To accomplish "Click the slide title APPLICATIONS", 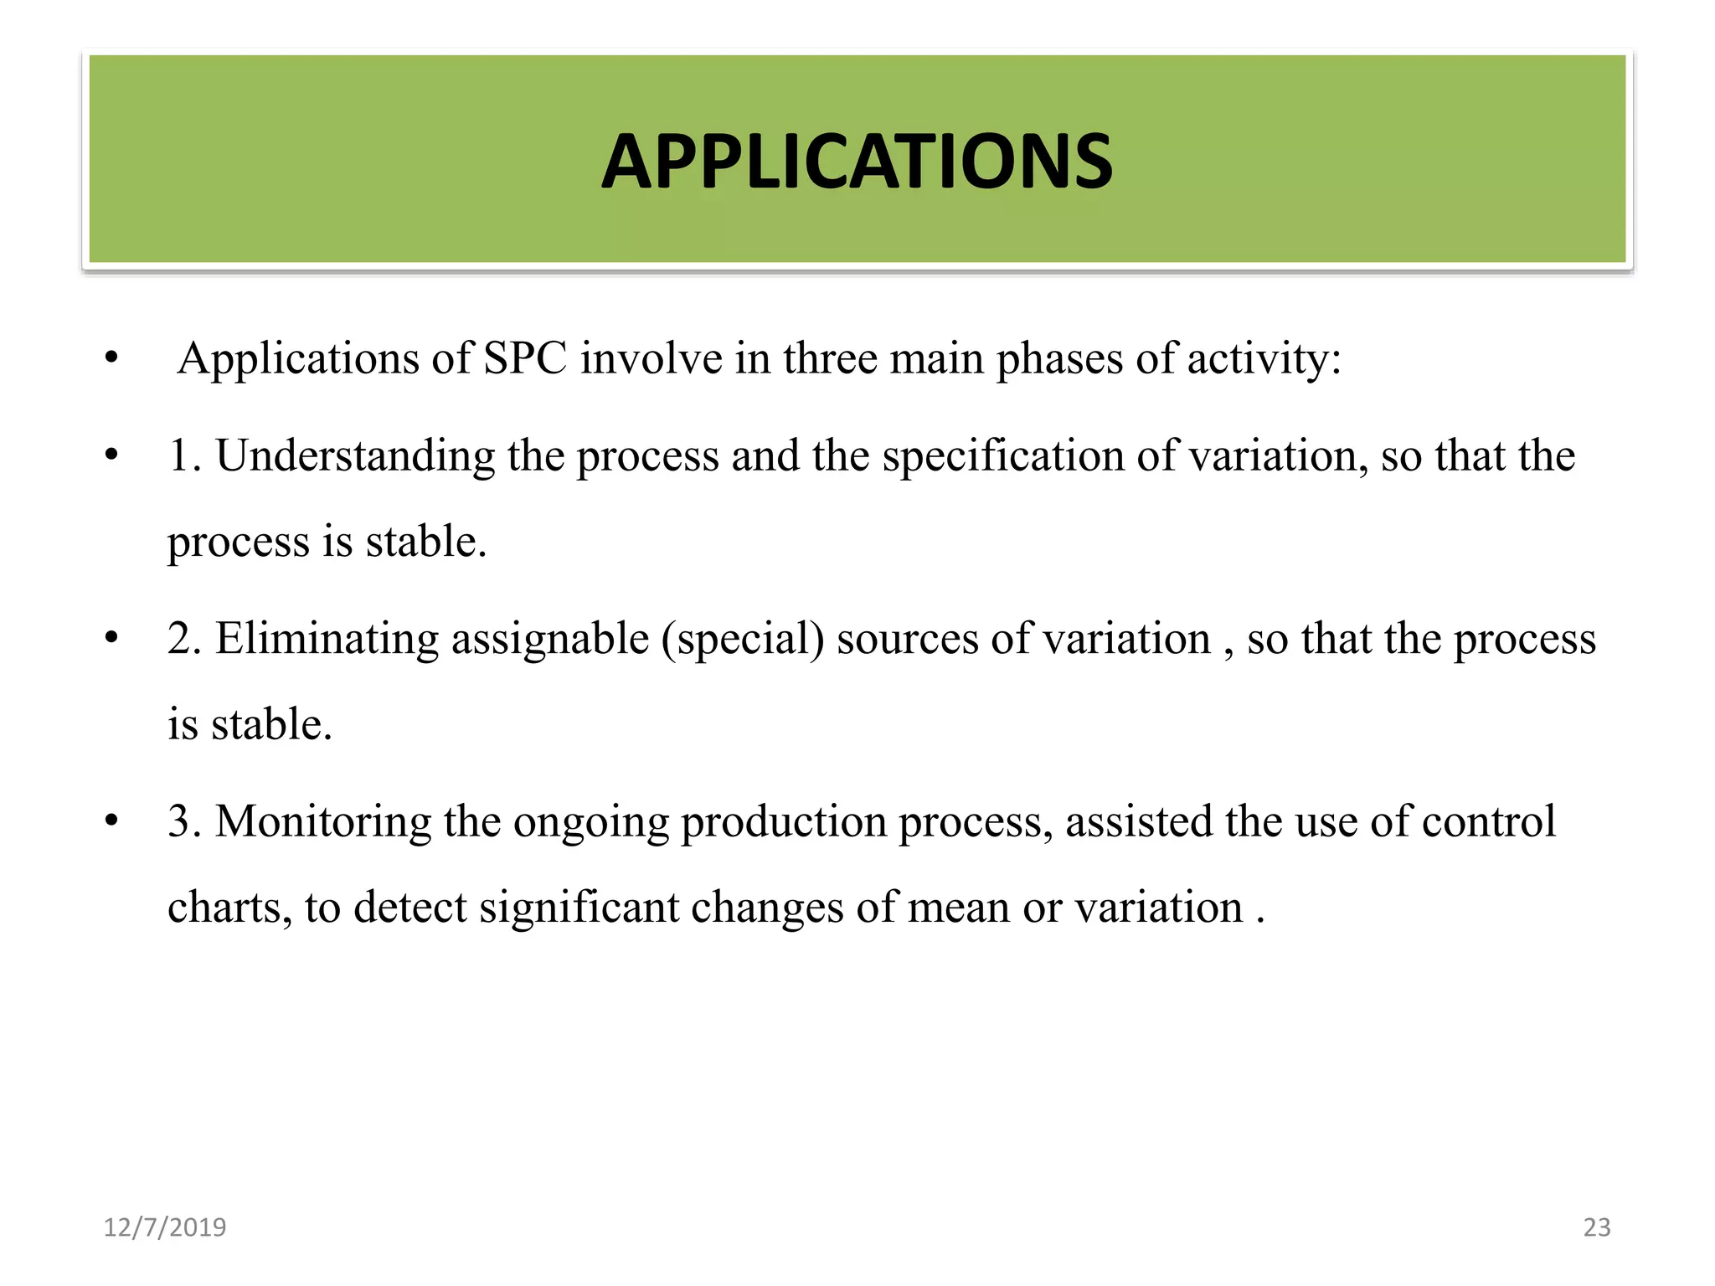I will pyautogui.click(x=857, y=162).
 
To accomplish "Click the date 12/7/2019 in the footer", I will pyautogui.click(x=164, y=1227).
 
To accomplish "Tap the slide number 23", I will pyautogui.click(x=1596, y=1227).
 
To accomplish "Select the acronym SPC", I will pyautogui.click(x=525, y=358).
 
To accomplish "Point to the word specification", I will pyautogui.click(x=1002, y=456).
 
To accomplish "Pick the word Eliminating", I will pyautogui.click(x=327, y=639).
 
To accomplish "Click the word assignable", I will pyautogui.click(x=550, y=639).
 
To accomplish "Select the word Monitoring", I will pyautogui.click(x=322, y=821).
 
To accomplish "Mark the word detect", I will pyautogui.click(x=410, y=908).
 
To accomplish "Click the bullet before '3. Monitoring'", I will pyautogui.click(x=111, y=821).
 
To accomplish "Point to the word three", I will pyautogui.click(x=830, y=358).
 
